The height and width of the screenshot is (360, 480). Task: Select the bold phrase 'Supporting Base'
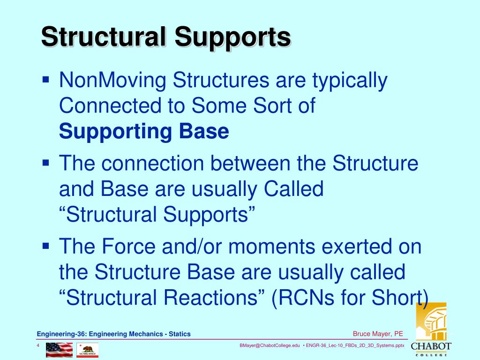click(144, 132)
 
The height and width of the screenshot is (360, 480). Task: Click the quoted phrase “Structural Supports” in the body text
click(157, 215)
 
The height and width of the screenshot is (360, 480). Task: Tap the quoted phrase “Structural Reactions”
click(163, 297)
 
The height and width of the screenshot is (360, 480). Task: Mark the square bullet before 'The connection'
click(46, 162)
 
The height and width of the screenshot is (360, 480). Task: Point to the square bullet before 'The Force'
click(46, 245)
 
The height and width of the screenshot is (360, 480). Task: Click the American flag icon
click(59, 350)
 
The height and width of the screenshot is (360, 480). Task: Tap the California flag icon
click(87, 350)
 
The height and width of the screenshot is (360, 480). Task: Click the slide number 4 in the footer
click(38, 346)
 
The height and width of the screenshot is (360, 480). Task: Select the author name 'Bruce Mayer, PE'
click(378, 334)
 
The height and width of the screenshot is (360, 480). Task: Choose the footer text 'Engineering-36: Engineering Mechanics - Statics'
click(114, 334)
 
